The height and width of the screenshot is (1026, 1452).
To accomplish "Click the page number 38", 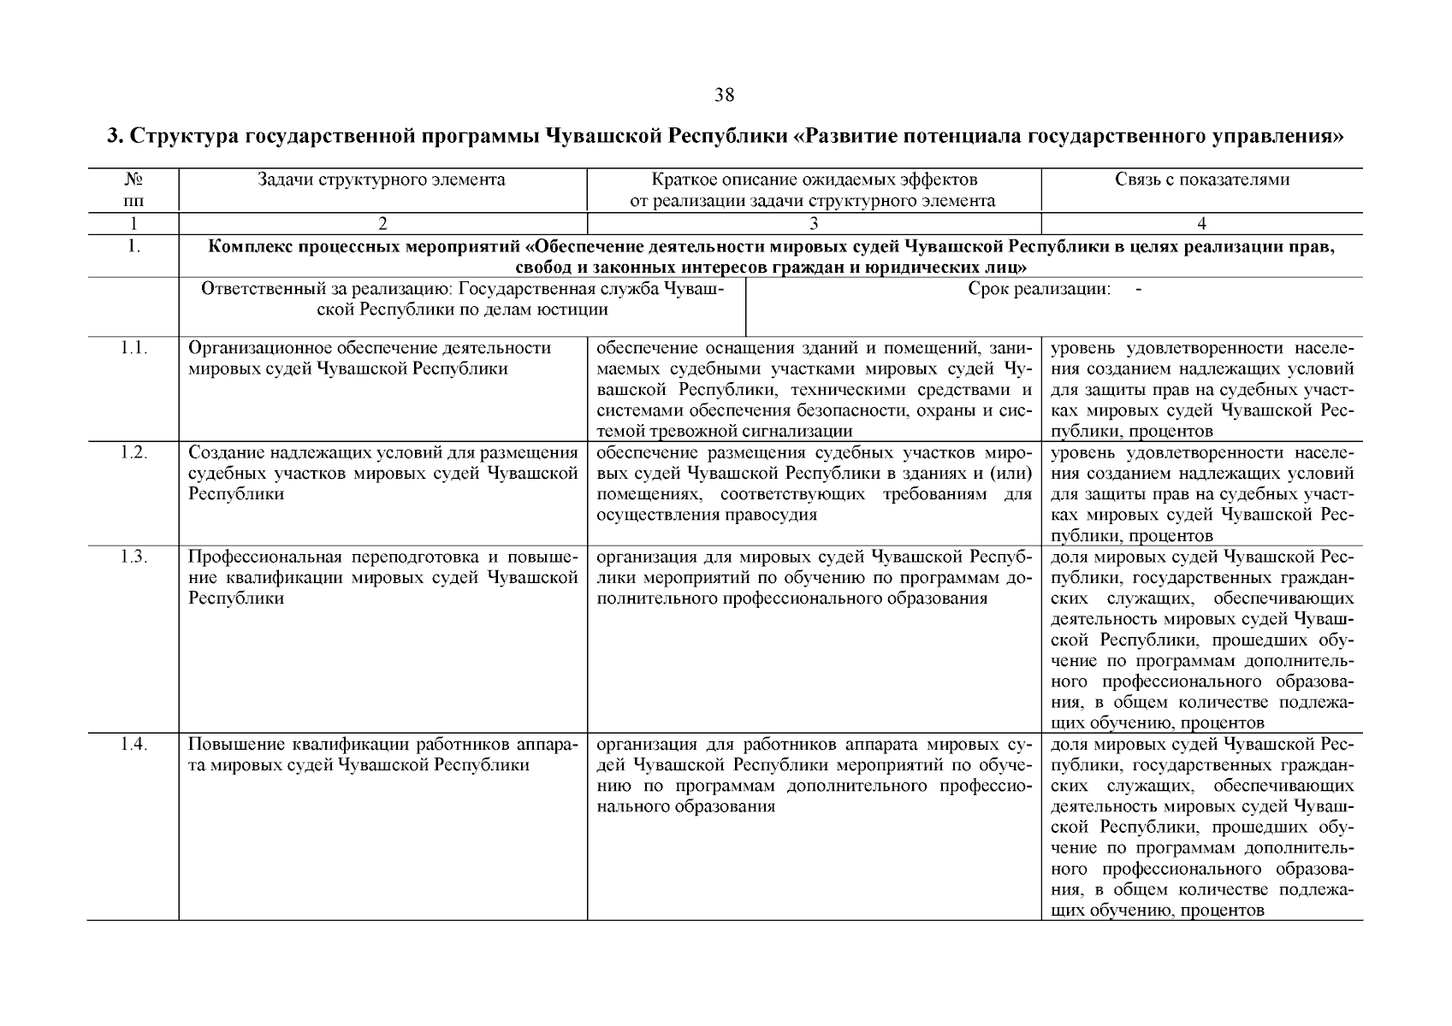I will pyautogui.click(x=724, y=95).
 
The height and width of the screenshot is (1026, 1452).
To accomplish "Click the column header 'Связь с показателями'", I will pyautogui.click(x=1201, y=180).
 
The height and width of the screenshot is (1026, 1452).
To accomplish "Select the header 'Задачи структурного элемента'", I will pyautogui.click(x=382, y=180).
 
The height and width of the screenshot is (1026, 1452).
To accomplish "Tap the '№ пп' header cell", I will pyautogui.click(x=133, y=190).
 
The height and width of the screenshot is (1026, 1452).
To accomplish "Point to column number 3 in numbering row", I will pyautogui.click(x=813, y=224).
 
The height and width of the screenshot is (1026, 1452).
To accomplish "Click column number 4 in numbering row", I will pyautogui.click(x=1201, y=224).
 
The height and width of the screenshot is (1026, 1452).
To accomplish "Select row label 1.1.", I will pyautogui.click(x=133, y=348).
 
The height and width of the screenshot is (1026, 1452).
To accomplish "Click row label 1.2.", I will pyautogui.click(x=133, y=452).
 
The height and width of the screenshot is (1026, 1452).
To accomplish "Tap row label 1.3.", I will pyautogui.click(x=133, y=557).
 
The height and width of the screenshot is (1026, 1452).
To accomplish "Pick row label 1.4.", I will pyautogui.click(x=133, y=744).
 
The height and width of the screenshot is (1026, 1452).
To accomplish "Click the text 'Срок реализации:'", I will pyautogui.click(x=1039, y=289).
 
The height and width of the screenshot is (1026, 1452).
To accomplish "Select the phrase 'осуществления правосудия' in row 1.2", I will pyautogui.click(x=706, y=515).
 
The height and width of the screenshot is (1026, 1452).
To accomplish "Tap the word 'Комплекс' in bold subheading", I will pyautogui.click(x=245, y=247).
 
